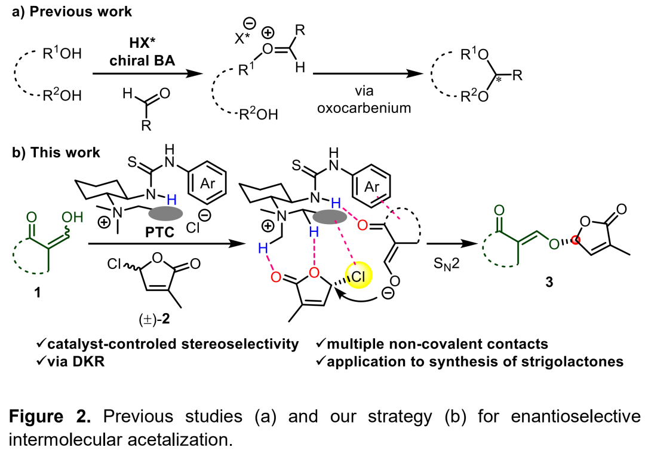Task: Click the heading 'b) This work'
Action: pyautogui.click(x=56, y=153)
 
